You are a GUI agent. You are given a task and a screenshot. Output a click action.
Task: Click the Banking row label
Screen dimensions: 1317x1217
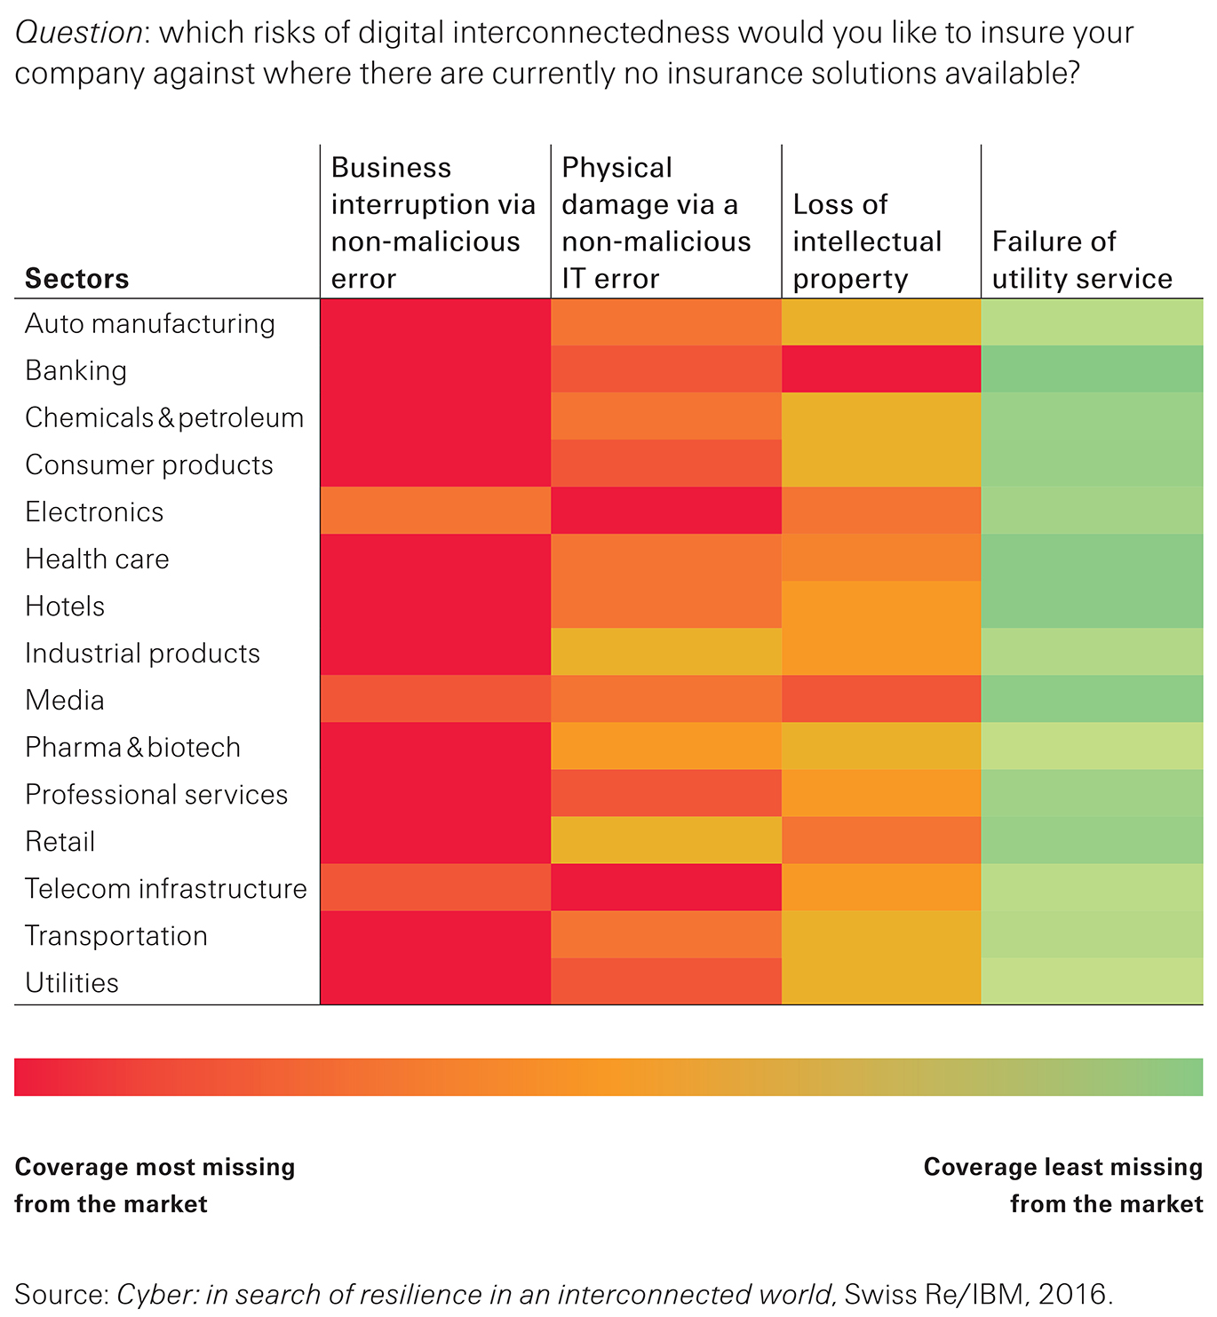click(x=76, y=370)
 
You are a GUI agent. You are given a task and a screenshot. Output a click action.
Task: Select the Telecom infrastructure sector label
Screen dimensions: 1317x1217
click(x=166, y=888)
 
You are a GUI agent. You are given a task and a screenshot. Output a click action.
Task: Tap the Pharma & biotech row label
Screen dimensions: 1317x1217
click(x=133, y=747)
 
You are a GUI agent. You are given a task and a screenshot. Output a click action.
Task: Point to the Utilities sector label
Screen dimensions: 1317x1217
click(x=72, y=982)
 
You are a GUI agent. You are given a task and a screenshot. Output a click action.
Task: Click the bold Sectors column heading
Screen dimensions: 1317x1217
click(x=77, y=279)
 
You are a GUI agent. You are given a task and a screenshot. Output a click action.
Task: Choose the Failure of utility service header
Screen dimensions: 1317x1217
click(x=1082, y=260)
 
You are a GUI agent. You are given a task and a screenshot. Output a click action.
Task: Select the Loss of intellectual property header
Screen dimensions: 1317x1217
click(x=867, y=242)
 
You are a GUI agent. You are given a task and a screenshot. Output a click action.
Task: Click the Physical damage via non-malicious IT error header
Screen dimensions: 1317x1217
click(x=656, y=223)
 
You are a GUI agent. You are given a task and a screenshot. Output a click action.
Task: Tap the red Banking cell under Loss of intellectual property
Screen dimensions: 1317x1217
click(x=881, y=369)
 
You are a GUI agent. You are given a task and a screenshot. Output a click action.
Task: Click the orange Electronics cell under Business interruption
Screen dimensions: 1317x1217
click(x=435, y=511)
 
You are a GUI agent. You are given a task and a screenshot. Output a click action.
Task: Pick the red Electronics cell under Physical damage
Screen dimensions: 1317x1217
click(x=666, y=511)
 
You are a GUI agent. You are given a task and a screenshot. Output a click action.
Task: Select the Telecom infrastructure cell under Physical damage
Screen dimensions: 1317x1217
click(x=666, y=887)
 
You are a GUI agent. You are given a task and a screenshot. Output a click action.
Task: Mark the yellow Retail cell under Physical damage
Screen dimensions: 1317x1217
click(x=666, y=840)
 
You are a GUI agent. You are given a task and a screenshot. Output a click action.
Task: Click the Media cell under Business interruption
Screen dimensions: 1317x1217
click(x=435, y=699)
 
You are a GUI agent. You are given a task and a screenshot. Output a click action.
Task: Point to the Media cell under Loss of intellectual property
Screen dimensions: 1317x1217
click(x=881, y=699)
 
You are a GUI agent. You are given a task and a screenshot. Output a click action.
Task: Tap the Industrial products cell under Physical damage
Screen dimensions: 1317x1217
click(x=666, y=652)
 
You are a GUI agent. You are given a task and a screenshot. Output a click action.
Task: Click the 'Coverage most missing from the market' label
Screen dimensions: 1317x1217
click(x=155, y=1185)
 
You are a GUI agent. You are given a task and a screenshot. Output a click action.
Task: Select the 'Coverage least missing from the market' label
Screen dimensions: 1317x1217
click(x=1063, y=1185)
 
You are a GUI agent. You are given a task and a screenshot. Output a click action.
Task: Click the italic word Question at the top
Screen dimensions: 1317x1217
click(x=78, y=33)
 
